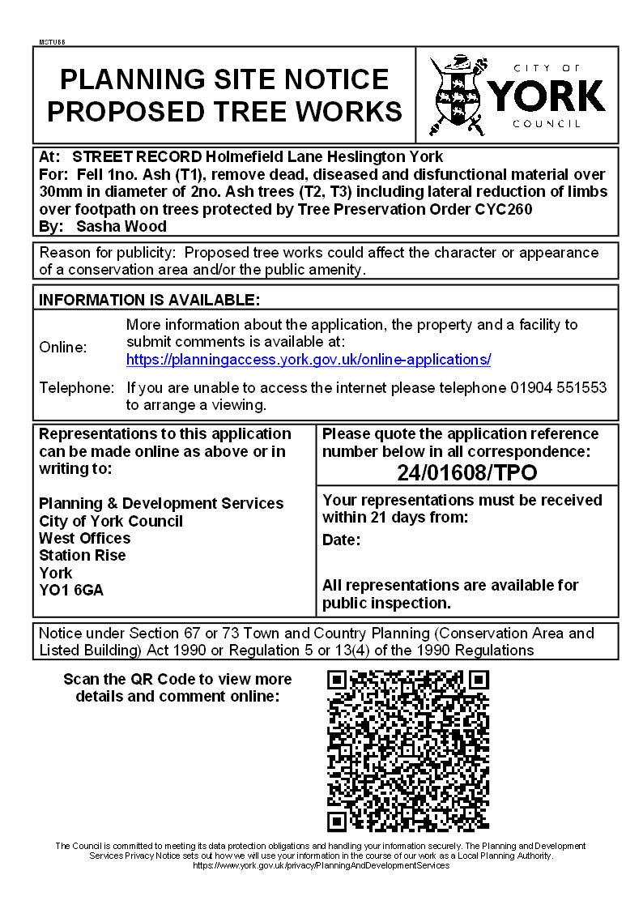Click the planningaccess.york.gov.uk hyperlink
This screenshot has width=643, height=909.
(x=309, y=360)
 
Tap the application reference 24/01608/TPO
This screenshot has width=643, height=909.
(x=466, y=472)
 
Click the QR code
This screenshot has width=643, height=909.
(x=408, y=751)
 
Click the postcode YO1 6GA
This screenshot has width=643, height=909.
(x=71, y=591)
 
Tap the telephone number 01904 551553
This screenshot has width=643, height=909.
(x=558, y=388)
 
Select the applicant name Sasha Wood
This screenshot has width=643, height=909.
(x=121, y=226)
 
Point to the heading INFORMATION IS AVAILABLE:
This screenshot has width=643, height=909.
(x=150, y=300)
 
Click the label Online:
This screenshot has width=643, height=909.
(x=63, y=348)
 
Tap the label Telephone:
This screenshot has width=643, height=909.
(x=77, y=388)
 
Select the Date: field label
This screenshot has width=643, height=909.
(x=341, y=540)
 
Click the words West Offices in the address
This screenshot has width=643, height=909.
(x=84, y=539)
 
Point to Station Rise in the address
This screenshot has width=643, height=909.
(x=83, y=556)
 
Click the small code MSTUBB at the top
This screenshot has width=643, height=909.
(x=52, y=41)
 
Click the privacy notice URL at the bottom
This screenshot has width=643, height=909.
(x=321, y=865)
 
